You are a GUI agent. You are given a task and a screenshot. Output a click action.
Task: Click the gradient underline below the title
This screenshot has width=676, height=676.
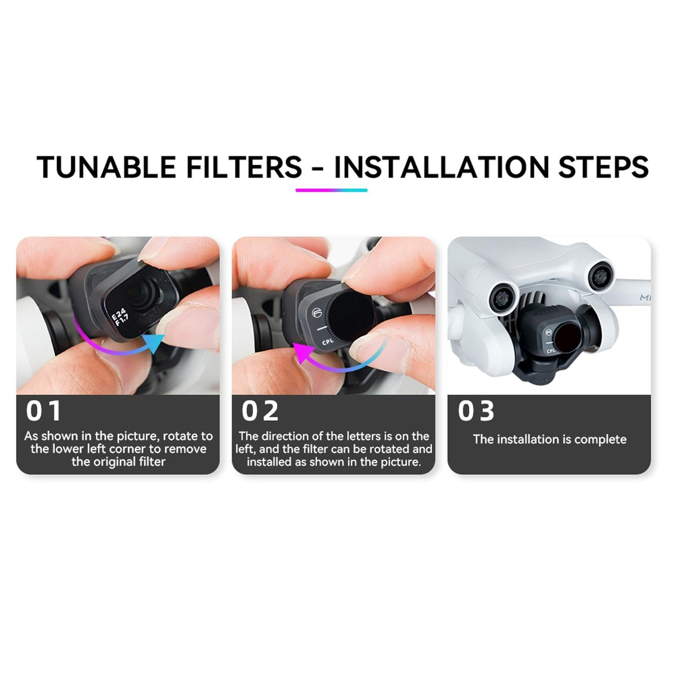tap(331, 190)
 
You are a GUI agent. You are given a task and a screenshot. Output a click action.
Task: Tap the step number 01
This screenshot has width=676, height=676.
tap(43, 411)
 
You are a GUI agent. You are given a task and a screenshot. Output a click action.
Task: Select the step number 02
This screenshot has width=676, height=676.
tap(260, 411)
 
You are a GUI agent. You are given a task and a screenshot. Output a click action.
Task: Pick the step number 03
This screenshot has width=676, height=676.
tap(476, 411)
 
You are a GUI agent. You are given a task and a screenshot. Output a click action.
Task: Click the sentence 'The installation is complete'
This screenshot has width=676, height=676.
tap(549, 439)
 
